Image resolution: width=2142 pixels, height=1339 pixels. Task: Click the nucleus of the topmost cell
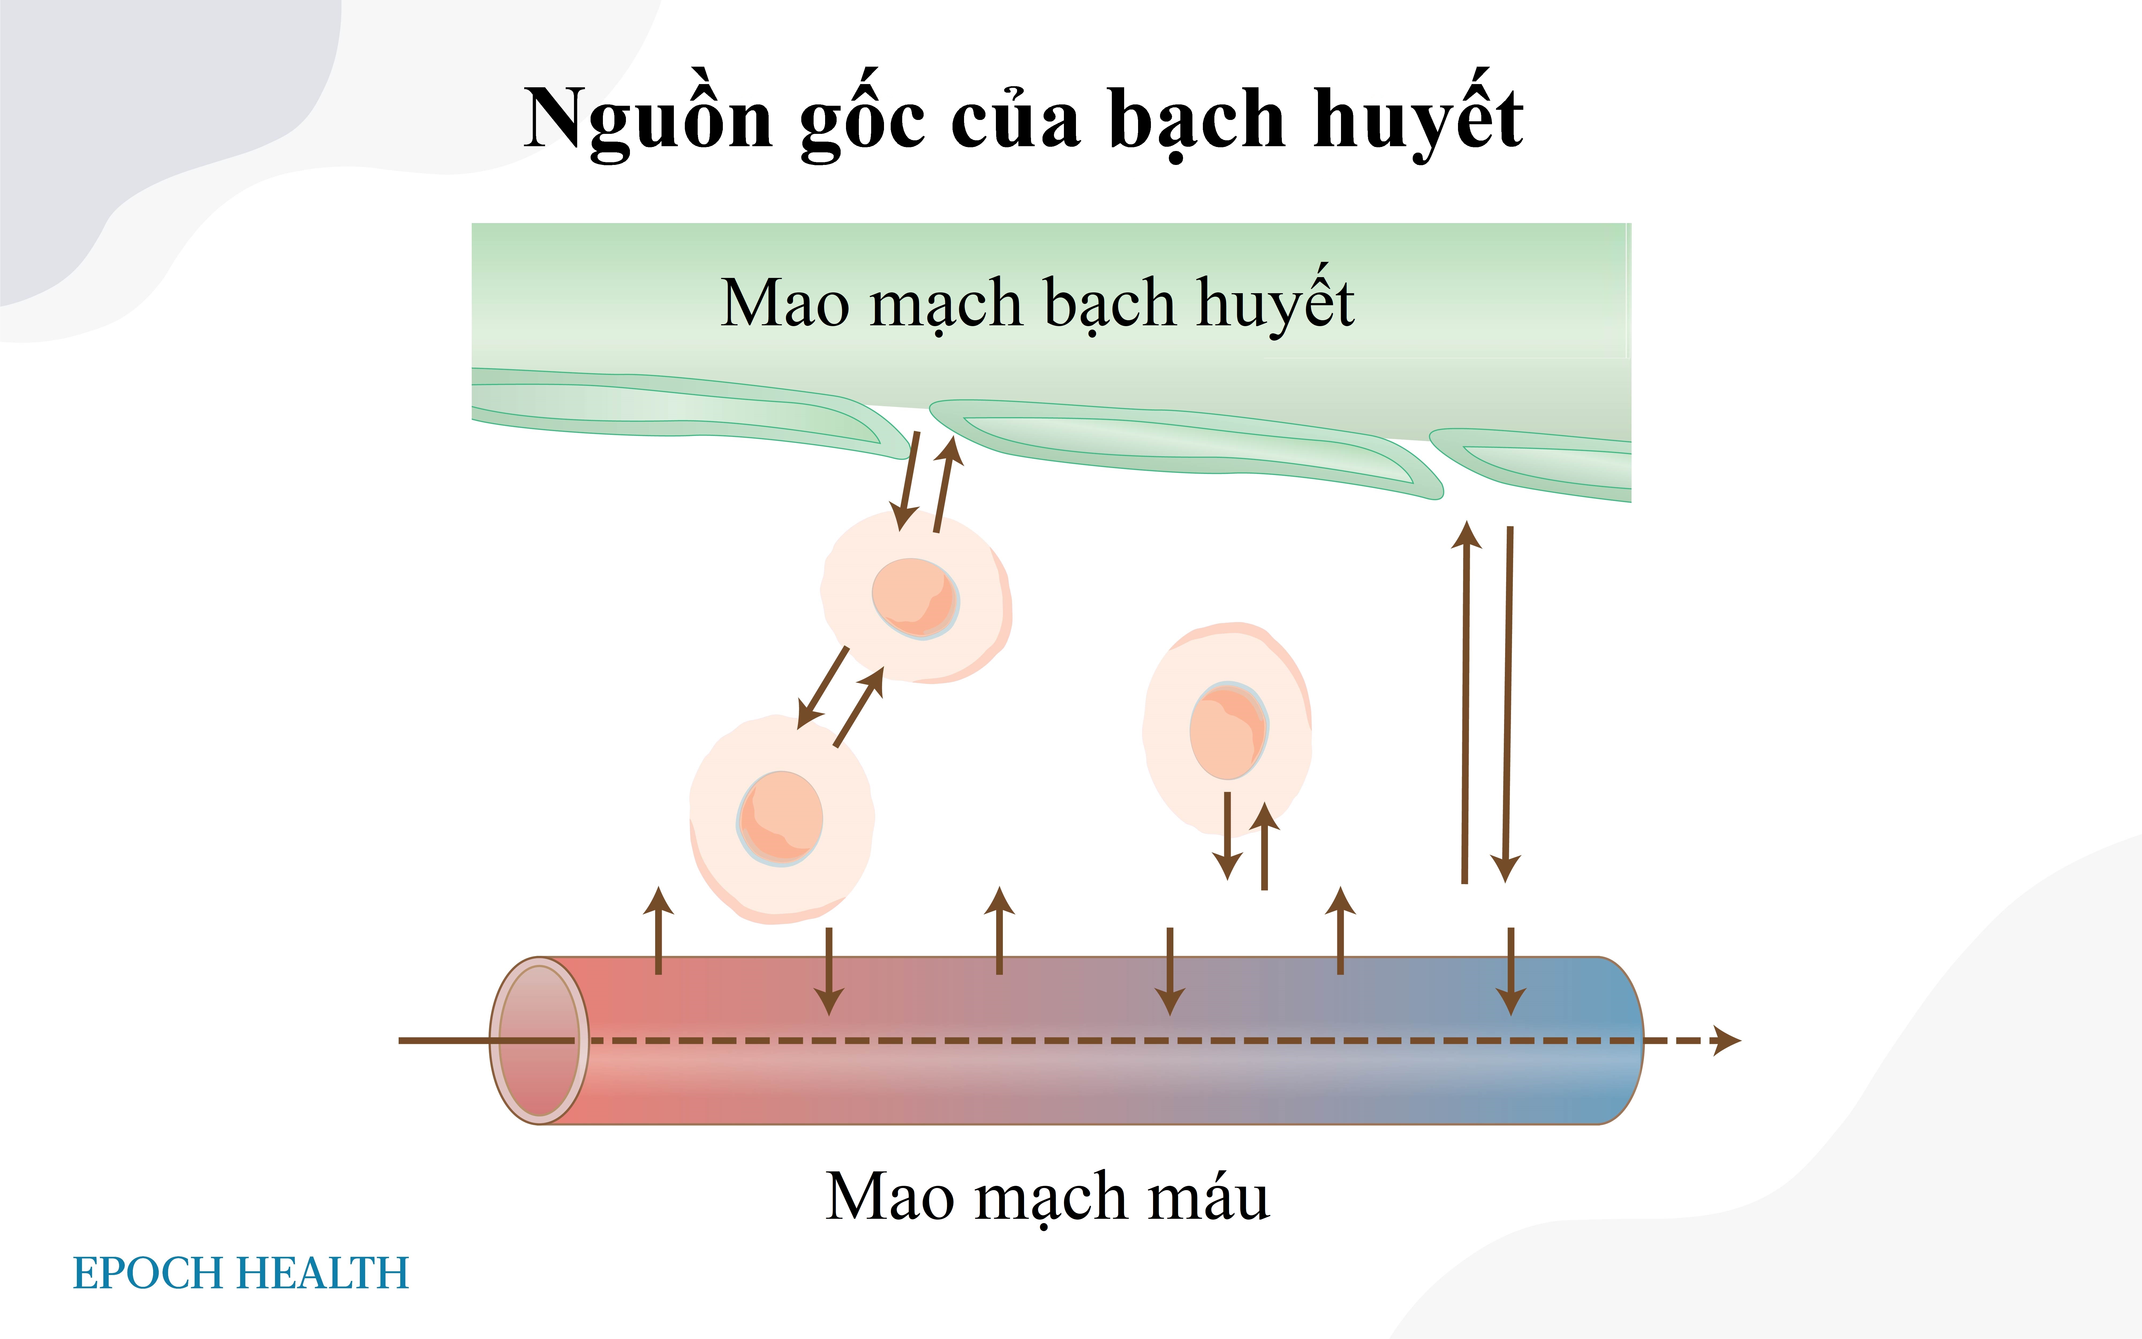(915, 598)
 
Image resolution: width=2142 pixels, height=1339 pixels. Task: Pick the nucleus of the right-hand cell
(1228, 730)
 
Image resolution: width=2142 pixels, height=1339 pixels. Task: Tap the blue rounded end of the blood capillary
(1612, 1040)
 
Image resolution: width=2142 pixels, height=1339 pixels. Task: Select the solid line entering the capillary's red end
(443, 1040)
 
